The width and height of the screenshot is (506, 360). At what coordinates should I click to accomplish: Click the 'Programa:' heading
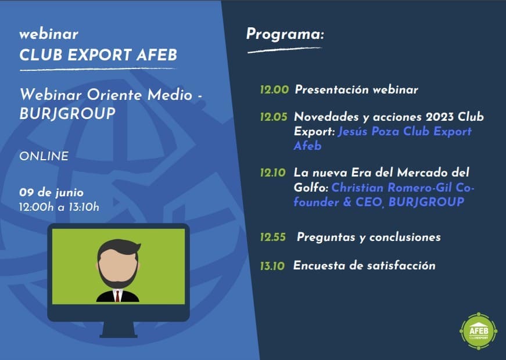(285, 34)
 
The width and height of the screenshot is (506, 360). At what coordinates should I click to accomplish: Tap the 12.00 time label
(274, 89)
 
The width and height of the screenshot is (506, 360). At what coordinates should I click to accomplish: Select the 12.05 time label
(274, 117)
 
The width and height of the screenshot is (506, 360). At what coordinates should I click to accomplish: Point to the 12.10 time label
(273, 172)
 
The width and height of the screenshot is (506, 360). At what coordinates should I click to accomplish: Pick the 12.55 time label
(273, 237)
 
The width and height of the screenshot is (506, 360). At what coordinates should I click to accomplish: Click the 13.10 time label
(272, 266)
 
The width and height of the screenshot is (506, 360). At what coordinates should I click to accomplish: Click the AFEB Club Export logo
(478, 331)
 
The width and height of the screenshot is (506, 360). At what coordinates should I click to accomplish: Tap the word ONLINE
(44, 156)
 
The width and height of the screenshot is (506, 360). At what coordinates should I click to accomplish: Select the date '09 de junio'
(51, 193)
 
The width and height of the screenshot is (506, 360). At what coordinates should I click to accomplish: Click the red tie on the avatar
(117, 296)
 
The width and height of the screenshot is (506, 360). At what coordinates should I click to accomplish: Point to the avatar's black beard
(118, 277)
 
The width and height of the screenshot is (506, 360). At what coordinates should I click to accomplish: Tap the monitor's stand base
(119, 336)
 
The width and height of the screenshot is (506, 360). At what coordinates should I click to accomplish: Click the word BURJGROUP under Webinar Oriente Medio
(67, 114)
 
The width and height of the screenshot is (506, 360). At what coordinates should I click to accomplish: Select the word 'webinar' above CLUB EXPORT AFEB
(49, 34)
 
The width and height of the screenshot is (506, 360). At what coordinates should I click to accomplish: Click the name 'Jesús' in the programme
(353, 132)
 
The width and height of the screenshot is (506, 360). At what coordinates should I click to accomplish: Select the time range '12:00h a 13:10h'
(59, 207)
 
